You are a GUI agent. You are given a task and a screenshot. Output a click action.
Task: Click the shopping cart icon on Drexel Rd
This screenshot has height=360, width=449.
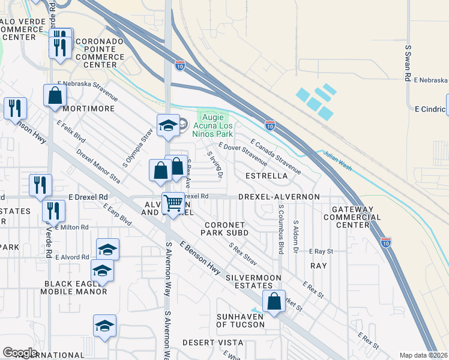(173, 203)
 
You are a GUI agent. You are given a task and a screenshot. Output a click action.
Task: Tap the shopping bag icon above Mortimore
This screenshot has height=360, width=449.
(55, 95)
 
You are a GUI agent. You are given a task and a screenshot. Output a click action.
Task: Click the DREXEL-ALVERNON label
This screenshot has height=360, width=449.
(279, 197)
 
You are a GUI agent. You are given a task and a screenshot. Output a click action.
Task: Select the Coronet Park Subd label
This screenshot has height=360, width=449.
(224, 228)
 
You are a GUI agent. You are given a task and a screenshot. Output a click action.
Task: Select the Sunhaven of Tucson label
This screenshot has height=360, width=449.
(240, 320)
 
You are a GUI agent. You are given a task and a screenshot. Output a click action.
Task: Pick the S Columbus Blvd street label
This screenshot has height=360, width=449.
(280, 229)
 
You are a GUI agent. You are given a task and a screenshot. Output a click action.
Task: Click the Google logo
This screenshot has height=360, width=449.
(20, 353)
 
